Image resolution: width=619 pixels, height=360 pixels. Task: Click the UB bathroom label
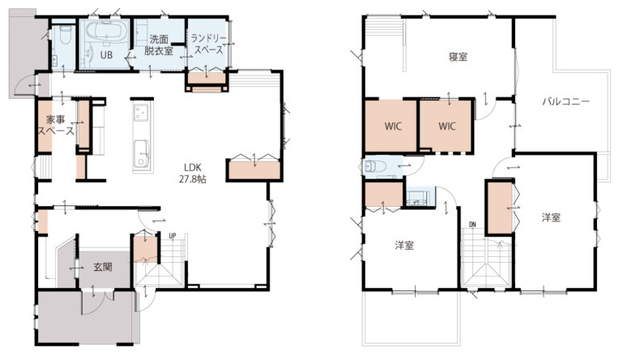click(x=106, y=55)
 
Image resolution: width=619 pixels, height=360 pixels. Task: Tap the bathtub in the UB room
click(x=106, y=31)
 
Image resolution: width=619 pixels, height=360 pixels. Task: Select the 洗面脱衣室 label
click(x=159, y=45)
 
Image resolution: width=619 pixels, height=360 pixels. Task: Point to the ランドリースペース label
click(x=209, y=44)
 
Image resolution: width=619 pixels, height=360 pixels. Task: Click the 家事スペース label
click(x=56, y=125)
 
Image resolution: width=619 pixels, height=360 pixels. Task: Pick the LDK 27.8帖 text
click(x=193, y=173)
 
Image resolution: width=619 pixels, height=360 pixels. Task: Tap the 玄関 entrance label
click(x=103, y=267)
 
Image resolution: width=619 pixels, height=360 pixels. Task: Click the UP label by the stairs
click(x=173, y=236)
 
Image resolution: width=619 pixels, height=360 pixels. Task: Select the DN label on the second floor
click(x=472, y=225)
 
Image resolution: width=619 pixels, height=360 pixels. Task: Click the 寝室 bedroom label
click(x=458, y=57)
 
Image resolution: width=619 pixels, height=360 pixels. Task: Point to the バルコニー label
click(x=566, y=101)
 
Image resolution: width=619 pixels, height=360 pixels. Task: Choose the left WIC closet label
click(x=393, y=126)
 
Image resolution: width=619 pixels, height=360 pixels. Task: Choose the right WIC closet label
click(x=447, y=126)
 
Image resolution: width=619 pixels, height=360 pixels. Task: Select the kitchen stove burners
click(x=140, y=112)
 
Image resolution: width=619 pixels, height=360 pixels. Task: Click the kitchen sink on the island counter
click(x=140, y=153)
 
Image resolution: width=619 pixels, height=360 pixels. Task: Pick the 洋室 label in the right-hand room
click(x=551, y=217)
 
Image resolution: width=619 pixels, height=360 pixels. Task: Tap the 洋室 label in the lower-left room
click(x=404, y=246)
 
